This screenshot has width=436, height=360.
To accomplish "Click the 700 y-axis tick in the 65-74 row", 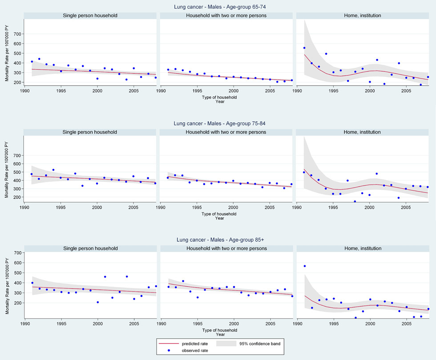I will tap(17, 34).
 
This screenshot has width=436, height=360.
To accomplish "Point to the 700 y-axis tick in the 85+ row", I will tap(17, 252).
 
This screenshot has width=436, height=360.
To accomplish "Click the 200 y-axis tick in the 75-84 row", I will tap(17, 197).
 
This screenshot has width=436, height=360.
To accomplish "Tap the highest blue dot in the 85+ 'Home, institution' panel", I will tap(305, 266).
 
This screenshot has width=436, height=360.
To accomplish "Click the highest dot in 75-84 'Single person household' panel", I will tap(53, 170).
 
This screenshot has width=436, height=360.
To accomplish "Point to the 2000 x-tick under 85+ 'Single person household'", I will tap(97, 324).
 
